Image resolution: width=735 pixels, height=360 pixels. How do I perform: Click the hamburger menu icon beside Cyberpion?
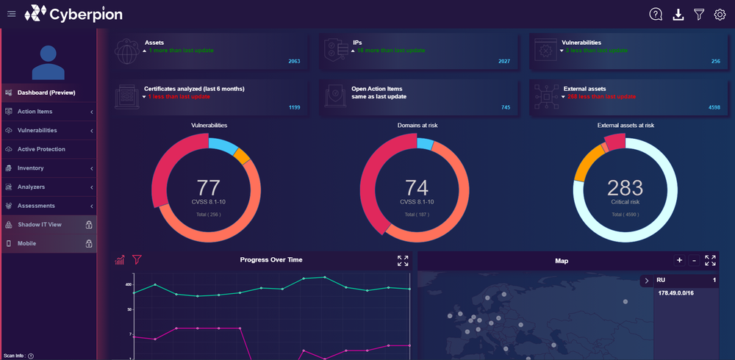coord(11,13)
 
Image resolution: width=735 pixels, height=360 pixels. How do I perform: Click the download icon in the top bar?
coord(678,14)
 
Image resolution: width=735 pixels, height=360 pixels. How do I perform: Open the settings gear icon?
coord(720,14)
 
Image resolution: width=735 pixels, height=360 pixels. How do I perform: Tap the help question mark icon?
coord(656,14)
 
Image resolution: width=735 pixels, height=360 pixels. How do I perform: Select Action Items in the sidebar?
coord(35,112)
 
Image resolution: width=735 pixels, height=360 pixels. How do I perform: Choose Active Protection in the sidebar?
coord(41,149)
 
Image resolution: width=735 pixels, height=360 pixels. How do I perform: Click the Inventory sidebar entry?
coord(30,168)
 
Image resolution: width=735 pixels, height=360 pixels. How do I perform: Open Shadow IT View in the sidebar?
coord(39,225)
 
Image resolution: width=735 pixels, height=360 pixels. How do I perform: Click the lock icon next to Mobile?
coord(88,243)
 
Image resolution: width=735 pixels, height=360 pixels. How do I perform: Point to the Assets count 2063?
coord(294,62)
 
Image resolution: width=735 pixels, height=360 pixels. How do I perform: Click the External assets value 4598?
coord(714,108)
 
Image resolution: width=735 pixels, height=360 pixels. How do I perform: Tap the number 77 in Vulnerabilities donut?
coord(208,187)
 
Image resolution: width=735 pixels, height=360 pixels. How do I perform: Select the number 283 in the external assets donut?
coord(625,187)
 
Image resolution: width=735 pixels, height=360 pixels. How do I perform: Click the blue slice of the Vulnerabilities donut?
coord(222,145)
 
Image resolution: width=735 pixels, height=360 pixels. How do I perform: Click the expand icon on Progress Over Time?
coord(403,261)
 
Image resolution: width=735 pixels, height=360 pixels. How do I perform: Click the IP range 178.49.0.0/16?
coord(676,293)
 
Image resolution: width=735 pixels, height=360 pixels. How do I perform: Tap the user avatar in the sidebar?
coord(48,62)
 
